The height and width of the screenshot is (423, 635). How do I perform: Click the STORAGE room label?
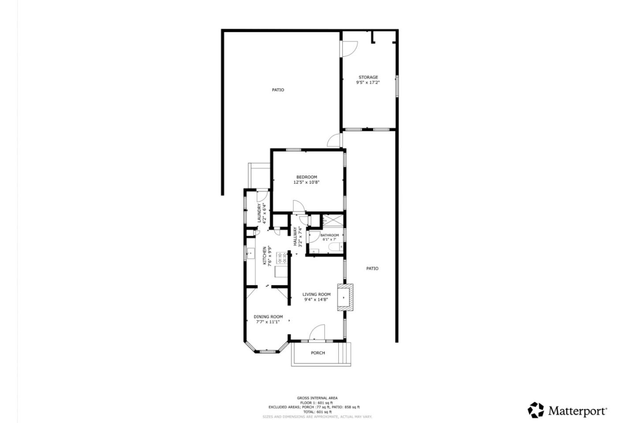pyautogui.click(x=368, y=77)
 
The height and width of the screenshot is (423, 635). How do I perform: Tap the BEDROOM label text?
pyautogui.click(x=306, y=177)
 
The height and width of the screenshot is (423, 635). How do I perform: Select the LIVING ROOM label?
pyautogui.click(x=316, y=294)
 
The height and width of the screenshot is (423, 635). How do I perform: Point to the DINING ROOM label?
pyautogui.click(x=268, y=316)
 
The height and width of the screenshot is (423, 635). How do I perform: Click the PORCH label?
pyautogui.click(x=317, y=353)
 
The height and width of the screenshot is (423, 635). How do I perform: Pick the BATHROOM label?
pyautogui.click(x=329, y=235)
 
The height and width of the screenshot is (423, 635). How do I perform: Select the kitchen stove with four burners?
pyautogui.click(x=281, y=258)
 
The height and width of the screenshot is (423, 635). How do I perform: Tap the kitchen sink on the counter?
pyautogui.click(x=250, y=253)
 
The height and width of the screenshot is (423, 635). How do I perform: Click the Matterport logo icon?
pyautogui.click(x=536, y=410)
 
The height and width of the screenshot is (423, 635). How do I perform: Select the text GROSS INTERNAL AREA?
pyautogui.click(x=317, y=398)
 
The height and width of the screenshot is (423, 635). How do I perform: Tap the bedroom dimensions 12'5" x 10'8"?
pyautogui.click(x=306, y=182)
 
